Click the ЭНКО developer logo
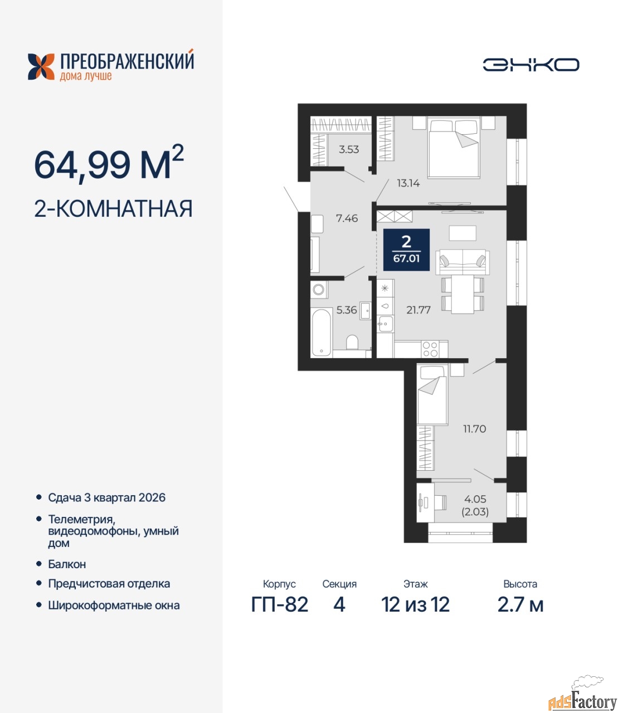click(531, 65)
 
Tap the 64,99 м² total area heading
click(109, 164)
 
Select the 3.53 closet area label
click(349, 149)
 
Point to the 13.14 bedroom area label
click(408, 183)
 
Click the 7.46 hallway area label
click(347, 218)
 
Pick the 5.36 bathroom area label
click(347, 310)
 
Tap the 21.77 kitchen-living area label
click(418, 310)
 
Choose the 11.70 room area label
click(474, 429)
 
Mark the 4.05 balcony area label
click(475, 499)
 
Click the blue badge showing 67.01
click(406, 250)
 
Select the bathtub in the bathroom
click(322, 333)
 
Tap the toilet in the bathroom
click(352, 342)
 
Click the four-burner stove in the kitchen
click(430, 349)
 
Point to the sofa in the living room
click(463, 262)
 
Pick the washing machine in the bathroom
click(319, 290)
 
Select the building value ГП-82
click(280, 605)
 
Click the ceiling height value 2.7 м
click(520, 605)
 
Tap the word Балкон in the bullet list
click(67, 564)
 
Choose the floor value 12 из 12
click(416, 605)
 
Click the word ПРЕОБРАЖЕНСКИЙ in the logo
click(127, 61)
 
